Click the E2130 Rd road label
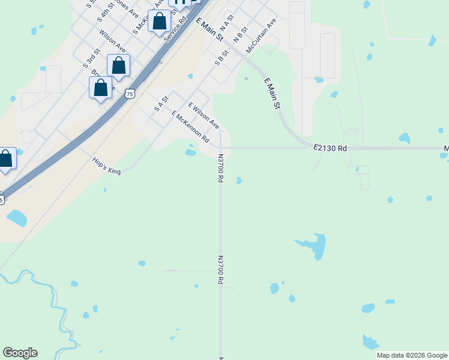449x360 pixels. [x=330, y=148]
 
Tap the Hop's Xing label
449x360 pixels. [x=106, y=166]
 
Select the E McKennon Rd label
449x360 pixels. [x=190, y=127]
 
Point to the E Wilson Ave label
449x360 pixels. [x=203, y=115]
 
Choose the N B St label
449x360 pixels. [x=240, y=34]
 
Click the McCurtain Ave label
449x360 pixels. [x=261, y=35]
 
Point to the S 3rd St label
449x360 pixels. [x=91, y=59]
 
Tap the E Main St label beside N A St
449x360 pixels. [x=209, y=29]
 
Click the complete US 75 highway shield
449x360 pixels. [x=130, y=94]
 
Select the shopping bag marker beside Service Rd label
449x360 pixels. [x=159, y=22]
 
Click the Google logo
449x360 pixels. [x=20, y=353]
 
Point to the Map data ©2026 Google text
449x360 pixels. [x=412, y=355]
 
